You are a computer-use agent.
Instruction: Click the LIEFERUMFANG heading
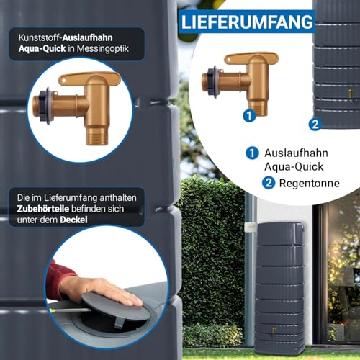pyautogui.click(x=247, y=22)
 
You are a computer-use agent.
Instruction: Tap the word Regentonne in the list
pyautogui.click(x=310, y=184)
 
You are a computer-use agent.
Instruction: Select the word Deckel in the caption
pyautogui.click(x=73, y=220)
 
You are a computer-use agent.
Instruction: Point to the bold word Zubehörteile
pyautogui.click(x=43, y=209)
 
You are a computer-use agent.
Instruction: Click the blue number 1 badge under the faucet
pyautogui.click(x=249, y=116)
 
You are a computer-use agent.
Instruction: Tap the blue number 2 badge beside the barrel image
pyautogui.click(x=315, y=125)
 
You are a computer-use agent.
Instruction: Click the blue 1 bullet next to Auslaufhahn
pyautogui.click(x=252, y=153)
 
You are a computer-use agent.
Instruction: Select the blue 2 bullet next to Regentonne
pyautogui.click(x=269, y=183)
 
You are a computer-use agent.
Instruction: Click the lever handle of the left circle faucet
pyautogui.click(x=89, y=78)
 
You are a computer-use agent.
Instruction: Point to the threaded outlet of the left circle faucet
pyautogui.click(x=96, y=136)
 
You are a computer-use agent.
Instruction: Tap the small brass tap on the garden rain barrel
pyautogui.click(x=273, y=331)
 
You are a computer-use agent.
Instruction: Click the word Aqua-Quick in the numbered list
pyautogui.click(x=294, y=167)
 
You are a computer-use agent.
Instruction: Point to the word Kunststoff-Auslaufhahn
pyautogui.click(x=66, y=37)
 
